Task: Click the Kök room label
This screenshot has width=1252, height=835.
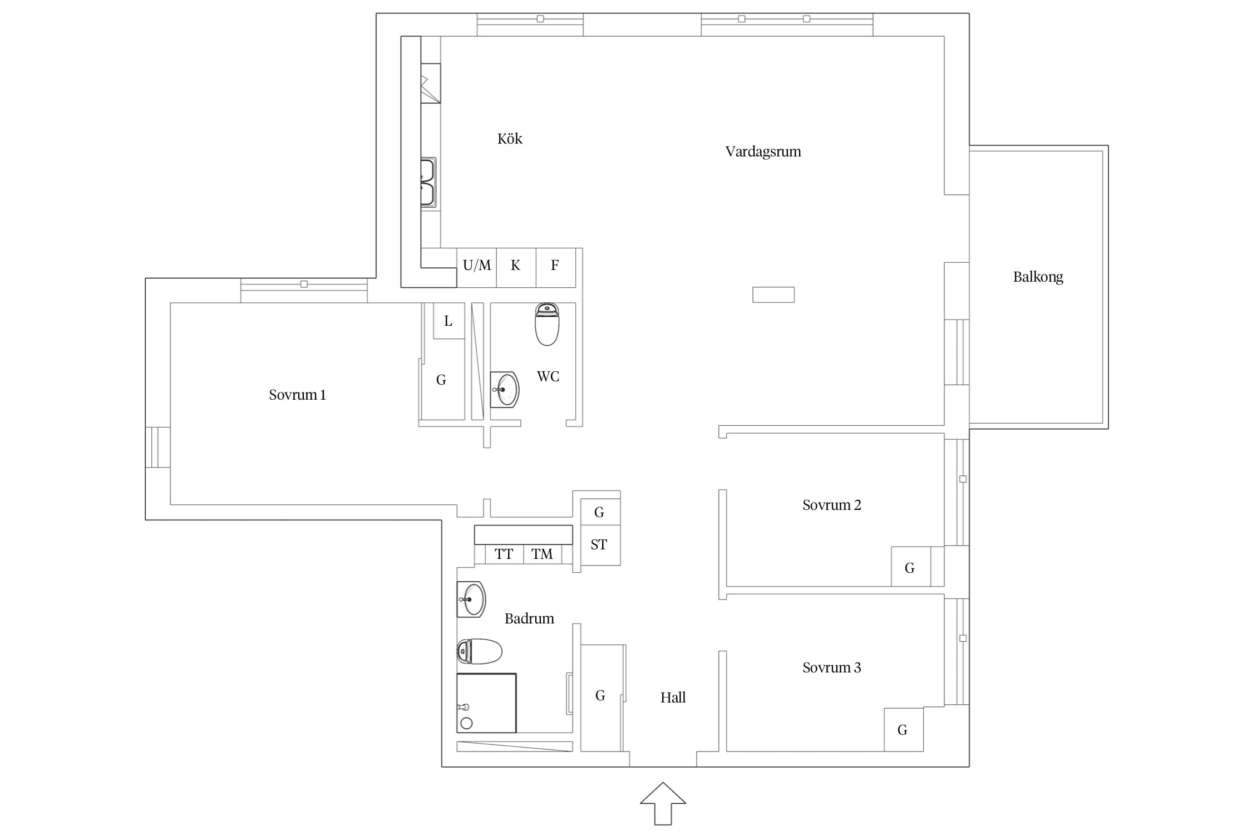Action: click(510, 139)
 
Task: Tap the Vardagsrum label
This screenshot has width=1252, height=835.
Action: click(763, 152)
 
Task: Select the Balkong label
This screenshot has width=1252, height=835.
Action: click(1038, 277)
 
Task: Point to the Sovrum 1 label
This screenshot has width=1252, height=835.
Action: click(297, 395)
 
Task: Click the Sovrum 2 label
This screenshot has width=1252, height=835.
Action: click(831, 505)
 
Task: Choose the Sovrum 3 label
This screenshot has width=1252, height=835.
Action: click(831, 667)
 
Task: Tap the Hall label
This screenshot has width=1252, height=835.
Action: click(673, 698)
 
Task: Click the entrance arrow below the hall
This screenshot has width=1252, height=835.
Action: click(663, 803)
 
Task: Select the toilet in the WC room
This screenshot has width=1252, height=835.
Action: click(547, 324)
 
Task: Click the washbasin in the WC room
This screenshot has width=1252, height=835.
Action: click(505, 390)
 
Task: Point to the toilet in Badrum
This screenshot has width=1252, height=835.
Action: click(480, 651)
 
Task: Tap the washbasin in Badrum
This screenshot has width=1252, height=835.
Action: click(471, 600)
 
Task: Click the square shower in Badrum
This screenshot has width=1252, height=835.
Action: click(486, 703)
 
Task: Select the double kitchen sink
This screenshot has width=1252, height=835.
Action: click(428, 183)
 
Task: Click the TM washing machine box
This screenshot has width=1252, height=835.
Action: click(543, 554)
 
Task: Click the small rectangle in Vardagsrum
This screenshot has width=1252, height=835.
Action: click(773, 294)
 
